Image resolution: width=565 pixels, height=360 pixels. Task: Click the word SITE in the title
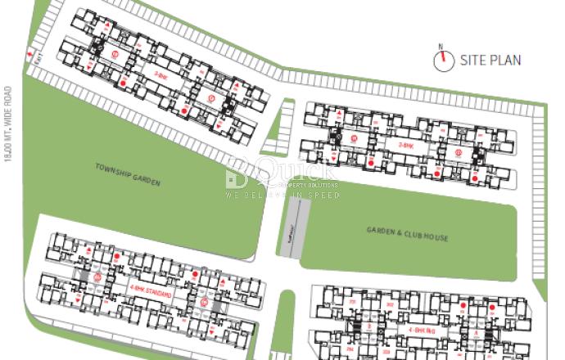tap(473, 60)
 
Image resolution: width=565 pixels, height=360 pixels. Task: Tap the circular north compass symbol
tap(445, 60)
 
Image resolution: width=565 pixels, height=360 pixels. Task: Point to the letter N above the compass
tap(441, 47)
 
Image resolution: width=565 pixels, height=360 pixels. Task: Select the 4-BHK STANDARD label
tap(150, 290)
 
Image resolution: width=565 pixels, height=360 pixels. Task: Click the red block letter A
tap(476, 333)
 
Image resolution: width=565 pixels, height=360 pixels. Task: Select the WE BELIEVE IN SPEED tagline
tap(282, 196)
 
